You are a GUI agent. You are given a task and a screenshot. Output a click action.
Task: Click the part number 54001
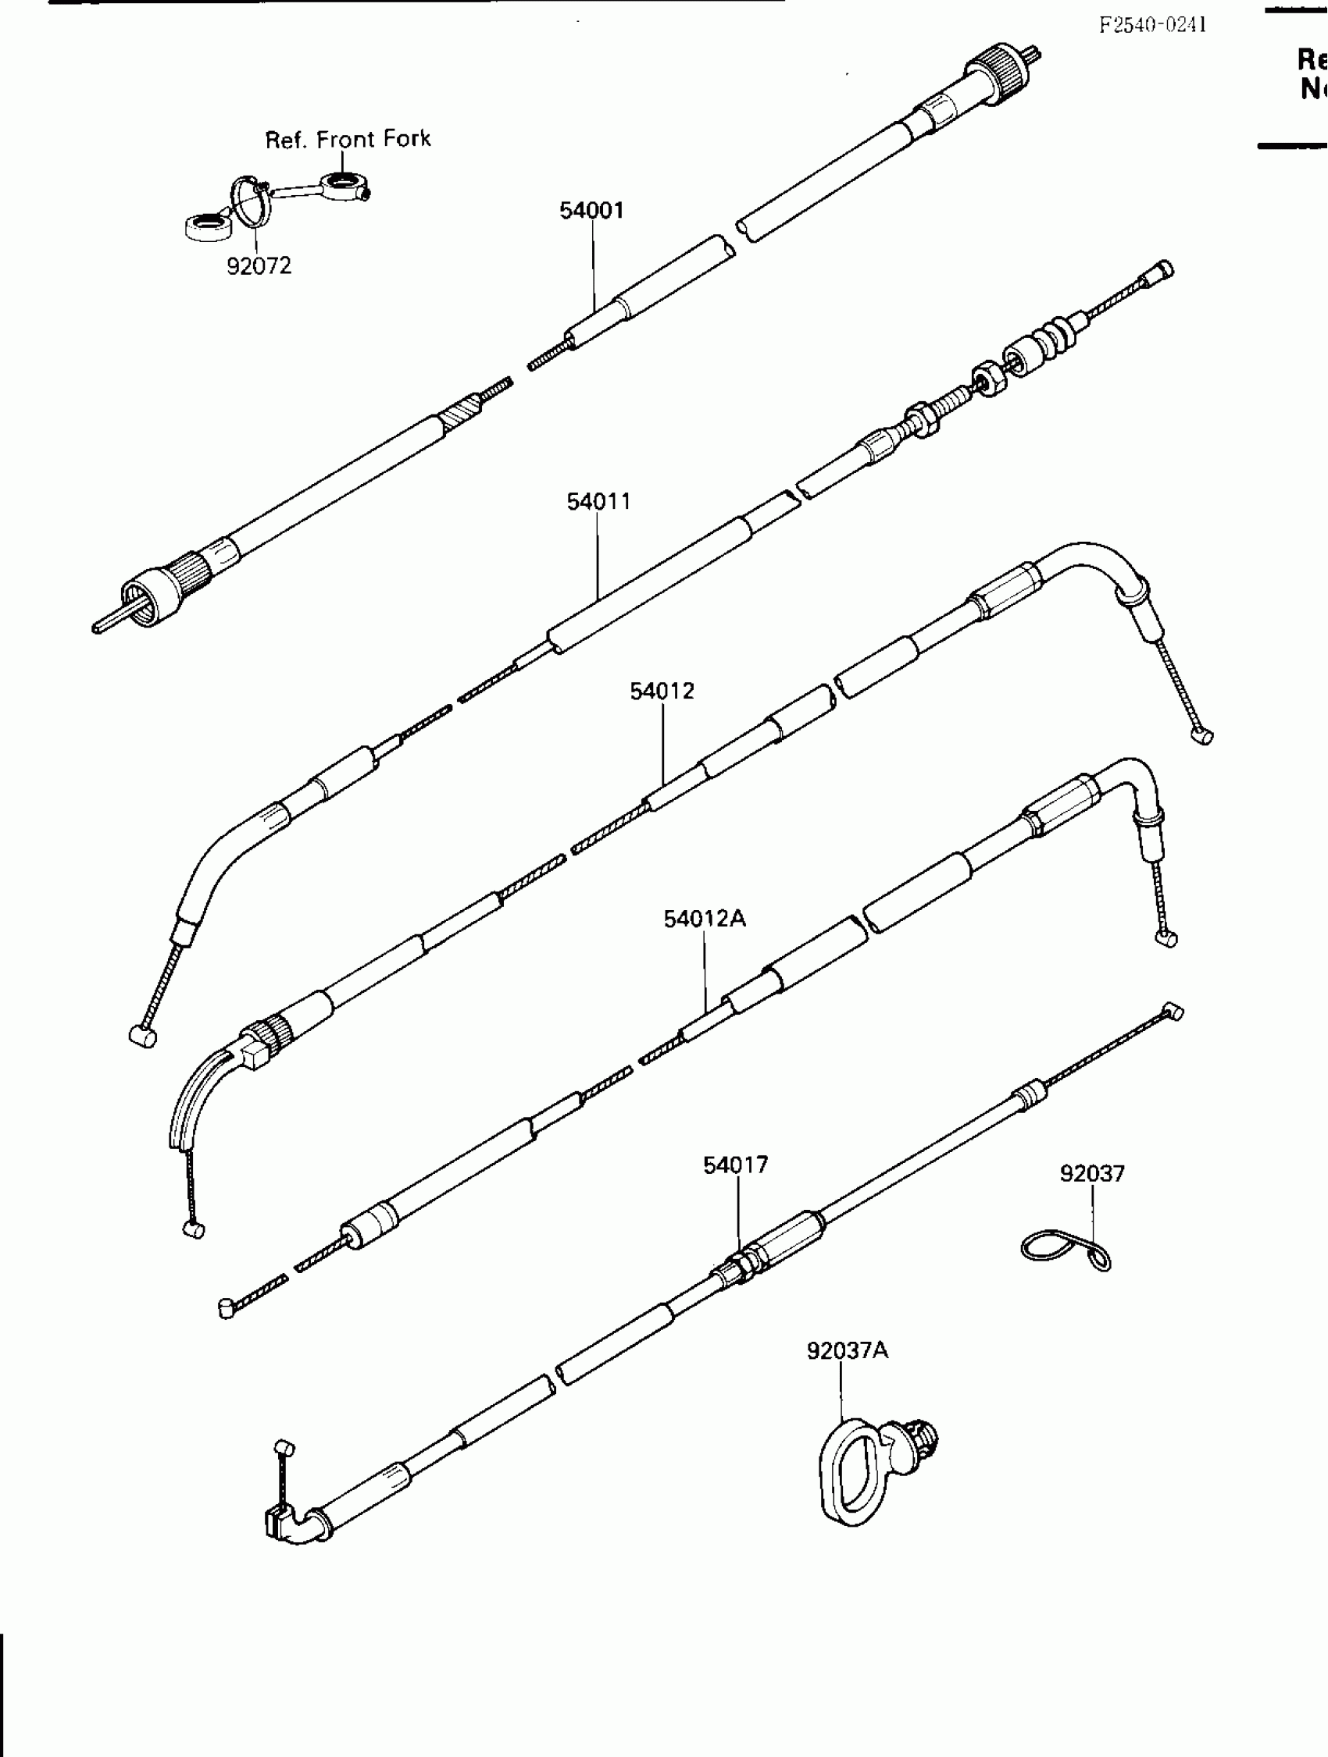pos(591,211)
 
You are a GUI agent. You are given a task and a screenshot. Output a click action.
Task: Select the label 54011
pos(598,502)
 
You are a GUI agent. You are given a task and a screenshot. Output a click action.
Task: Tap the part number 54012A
pos(704,919)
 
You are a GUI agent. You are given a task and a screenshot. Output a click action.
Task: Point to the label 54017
pos(735,1165)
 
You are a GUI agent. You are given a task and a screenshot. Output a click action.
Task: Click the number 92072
pos(259,266)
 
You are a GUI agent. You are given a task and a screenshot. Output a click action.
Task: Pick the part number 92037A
pos(848,1351)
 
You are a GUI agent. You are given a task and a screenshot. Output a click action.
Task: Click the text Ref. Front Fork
pos(348,140)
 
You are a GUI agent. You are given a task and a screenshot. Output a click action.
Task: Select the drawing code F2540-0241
pos(1152,25)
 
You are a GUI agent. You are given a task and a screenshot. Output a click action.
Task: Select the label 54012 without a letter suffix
pos(662,692)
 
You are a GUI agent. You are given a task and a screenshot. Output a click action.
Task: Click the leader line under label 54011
pos(598,556)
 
